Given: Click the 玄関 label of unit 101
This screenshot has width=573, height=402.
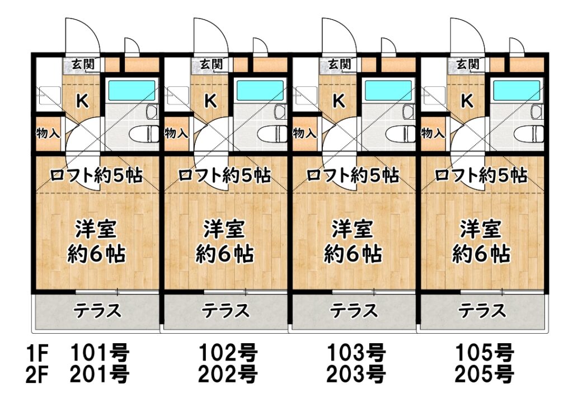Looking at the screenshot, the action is click(83, 64).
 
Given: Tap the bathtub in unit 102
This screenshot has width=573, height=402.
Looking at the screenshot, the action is click(260, 90).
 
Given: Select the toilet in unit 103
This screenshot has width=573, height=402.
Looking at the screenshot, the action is click(401, 133).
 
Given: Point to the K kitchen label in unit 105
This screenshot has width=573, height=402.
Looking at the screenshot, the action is click(467, 101).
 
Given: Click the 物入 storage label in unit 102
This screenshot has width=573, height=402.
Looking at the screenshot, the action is click(176, 133).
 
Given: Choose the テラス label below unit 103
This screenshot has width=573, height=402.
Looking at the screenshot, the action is click(354, 311).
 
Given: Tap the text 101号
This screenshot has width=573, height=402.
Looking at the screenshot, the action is click(100, 353).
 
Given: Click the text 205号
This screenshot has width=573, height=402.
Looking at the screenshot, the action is click(484, 375).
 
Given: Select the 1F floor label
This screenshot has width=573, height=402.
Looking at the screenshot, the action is click(37, 353).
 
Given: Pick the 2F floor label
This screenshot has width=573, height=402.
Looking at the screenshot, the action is click(37, 375).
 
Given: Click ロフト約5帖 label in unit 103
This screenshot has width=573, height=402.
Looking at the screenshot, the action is click(353, 176).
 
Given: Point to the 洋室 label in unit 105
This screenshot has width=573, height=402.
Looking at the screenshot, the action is click(480, 230).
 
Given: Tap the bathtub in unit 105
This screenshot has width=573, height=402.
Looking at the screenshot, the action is click(516, 90).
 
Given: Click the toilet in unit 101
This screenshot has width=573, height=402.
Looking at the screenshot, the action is click(144, 133).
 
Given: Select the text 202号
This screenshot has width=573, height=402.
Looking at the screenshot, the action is click(228, 375).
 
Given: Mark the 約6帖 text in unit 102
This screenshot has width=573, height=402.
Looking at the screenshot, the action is click(224, 254).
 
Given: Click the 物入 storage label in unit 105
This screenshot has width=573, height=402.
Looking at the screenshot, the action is click(433, 133).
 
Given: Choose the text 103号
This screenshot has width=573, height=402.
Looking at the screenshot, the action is click(356, 353).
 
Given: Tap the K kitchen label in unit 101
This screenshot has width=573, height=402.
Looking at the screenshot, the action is click(83, 101).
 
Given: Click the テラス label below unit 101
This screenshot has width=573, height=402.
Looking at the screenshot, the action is click(97, 311).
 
